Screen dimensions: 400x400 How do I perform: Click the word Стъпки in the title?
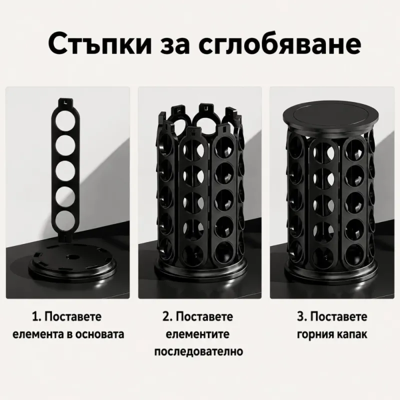point(100,44)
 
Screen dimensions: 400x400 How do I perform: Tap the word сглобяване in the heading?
point(280,44)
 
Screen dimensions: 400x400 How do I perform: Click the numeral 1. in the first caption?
point(36,317)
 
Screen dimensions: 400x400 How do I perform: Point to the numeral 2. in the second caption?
point(167,317)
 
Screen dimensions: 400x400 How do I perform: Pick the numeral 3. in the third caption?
point(301,317)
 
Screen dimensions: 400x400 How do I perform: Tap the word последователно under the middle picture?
point(198,352)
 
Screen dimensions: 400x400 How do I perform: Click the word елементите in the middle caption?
point(197,334)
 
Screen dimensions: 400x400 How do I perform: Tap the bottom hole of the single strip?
point(65,220)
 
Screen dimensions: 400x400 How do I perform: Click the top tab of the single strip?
point(66,102)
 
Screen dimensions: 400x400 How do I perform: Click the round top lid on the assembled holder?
point(330,118)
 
